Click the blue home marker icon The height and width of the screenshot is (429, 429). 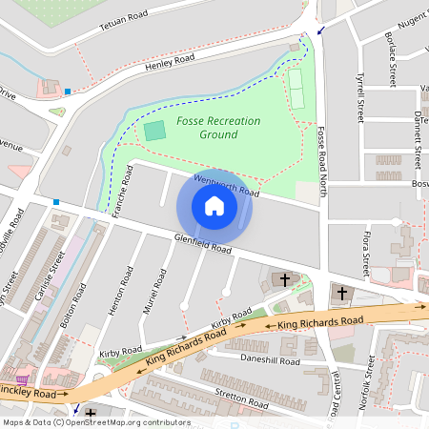(214, 206)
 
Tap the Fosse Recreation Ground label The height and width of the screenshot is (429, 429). (206, 128)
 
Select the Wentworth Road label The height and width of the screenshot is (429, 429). (226, 185)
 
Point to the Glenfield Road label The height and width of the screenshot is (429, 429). (202, 244)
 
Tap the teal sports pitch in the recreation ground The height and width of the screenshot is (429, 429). (154, 131)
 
